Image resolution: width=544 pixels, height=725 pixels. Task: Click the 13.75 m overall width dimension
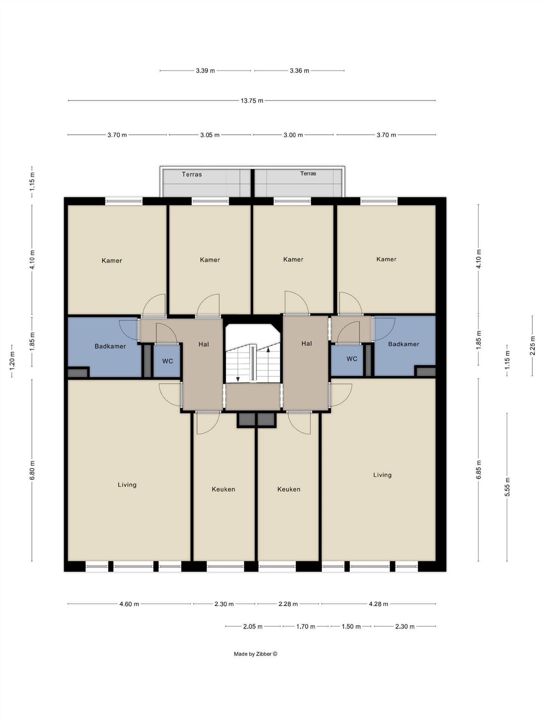pyautogui.click(x=252, y=101)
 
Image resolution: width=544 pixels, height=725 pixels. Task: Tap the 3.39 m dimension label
pyautogui.click(x=205, y=71)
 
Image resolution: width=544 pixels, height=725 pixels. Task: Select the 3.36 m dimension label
pyautogui.click(x=300, y=71)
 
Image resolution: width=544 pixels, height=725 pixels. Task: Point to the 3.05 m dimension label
pyautogui.click(x=210, y=135)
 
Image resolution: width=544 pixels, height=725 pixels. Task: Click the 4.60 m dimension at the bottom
pyautogui.click(x=129, y=604)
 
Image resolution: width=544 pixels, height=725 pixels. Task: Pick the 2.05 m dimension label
pyautogui.click(x=253, y=626)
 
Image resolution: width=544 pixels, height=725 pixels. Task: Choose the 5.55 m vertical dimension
pyautogui.click(x=507, y=487)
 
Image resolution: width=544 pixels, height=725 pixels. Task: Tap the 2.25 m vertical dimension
pyautogui.click(x=532, y=346)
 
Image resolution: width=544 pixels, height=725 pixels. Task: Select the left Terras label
pyautogui.click(x=192, y=174)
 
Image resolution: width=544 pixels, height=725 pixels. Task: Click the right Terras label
pyautogui.click(x=308, y=174)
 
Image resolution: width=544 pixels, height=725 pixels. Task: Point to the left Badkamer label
pyautogui.click(x=110, y=346)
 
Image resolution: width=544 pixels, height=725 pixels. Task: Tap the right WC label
pyautogui.click(x=352, y=359)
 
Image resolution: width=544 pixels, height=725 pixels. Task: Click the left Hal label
pyautogui.click(x=204, y=344)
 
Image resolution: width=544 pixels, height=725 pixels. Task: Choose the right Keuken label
pyautogui.click(x=289, y=489)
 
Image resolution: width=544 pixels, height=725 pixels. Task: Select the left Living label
pyautogui.click(x=127, y=485)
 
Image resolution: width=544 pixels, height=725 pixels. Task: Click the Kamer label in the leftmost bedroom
pyautogui.click(x=112, y=261)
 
